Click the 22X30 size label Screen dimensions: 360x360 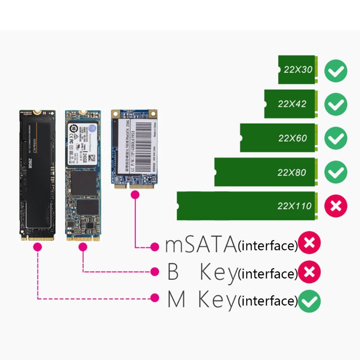coord(298,70)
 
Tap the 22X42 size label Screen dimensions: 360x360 coord(292,104)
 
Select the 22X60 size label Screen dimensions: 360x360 coord(292,138)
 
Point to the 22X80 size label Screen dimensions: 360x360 coord(292,172)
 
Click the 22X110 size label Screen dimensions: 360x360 coord(295,206)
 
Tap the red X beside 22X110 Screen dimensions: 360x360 coord(336,206)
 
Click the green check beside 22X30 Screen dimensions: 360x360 coord(336,71)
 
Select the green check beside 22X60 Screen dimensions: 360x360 coord(336,138)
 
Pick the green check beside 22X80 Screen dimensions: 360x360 coord(336,172)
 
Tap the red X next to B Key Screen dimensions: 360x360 coord(309,271)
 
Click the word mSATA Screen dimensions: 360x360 coord(201,245)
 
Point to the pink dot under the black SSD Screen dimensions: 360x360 coord(38,247)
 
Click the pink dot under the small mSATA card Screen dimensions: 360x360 coord(135,194)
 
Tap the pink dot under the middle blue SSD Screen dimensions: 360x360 coord(83,247)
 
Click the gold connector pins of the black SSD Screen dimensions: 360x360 coord(38,238)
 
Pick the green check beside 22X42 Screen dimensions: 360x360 coord(336,104)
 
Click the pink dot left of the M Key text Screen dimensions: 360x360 coord(155,297)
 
